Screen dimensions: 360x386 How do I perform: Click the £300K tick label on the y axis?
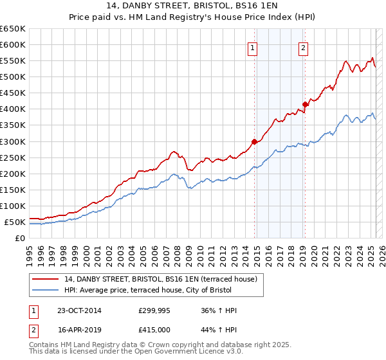13,141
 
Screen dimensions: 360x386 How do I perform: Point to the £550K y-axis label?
13,60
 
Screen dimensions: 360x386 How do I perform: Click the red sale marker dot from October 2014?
254,141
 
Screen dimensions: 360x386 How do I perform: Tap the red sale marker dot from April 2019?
305,104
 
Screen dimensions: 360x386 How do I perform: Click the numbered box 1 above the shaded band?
252,47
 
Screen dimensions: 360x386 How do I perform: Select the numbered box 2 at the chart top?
303,47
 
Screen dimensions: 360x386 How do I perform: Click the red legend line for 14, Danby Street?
44,279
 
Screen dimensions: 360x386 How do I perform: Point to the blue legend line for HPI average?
44,290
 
